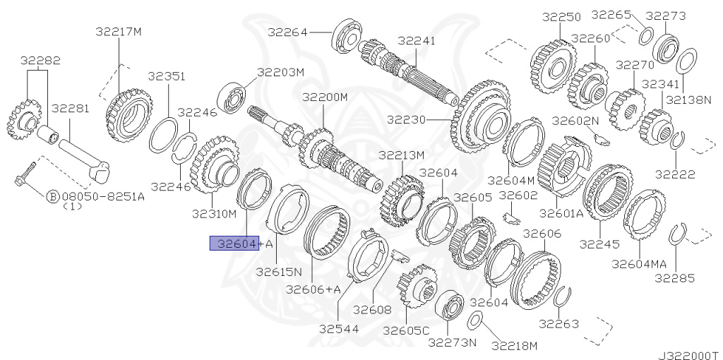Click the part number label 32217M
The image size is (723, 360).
point(119,31)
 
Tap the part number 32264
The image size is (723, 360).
point(287,31)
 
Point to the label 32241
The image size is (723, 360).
point(417,41)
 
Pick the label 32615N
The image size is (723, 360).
point(279,272)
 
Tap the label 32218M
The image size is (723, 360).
point(514,345)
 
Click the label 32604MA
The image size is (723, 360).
point(639,264)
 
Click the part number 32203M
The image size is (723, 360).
point(280,72)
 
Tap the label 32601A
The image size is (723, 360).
point(562,212)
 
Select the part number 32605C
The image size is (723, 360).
point(406,330)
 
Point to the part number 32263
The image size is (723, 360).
point(559,324)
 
